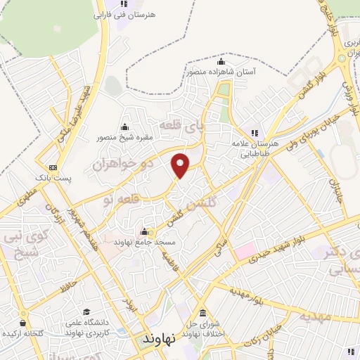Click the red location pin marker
tap(181, 165)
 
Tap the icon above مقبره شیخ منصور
tap(125, 127)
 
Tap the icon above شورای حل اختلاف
tap(202, 313)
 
